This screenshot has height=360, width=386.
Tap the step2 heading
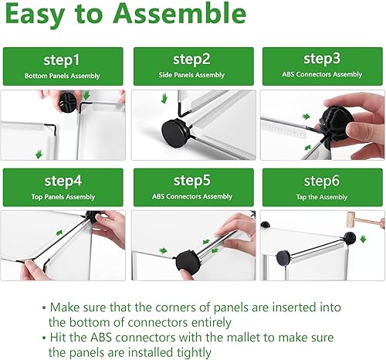coord(192,59)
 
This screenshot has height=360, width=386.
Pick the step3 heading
coord(322,59)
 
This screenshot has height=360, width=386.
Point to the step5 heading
coord(192,182)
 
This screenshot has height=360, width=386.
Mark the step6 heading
coord(322,182)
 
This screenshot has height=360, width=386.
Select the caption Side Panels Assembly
coord(192,76)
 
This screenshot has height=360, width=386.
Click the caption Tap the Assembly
coord(322,197)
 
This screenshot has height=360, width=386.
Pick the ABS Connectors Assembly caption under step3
coord(322,75)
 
